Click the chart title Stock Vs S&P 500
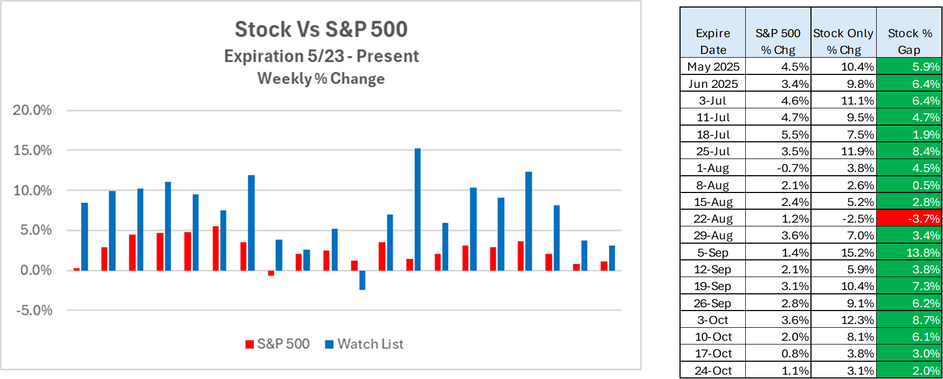point(321,30)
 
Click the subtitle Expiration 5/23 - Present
point(321,56)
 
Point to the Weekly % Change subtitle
point(321,79)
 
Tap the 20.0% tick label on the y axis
point(32,111)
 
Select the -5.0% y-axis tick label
point(34,311)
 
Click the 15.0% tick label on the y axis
point(32,150)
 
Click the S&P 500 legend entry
point(278,344)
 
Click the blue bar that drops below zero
point(362,280)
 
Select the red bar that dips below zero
point(271,273)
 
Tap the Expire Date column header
point(713,41)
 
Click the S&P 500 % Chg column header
point(778,41)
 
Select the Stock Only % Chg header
point(843,41)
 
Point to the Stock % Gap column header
point(909,41)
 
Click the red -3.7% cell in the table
point(909,218)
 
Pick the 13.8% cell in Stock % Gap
point(909,252)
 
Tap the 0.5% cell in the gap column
point(909,185)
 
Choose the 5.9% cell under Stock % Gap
point(909,66)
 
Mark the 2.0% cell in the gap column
point(909,370)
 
